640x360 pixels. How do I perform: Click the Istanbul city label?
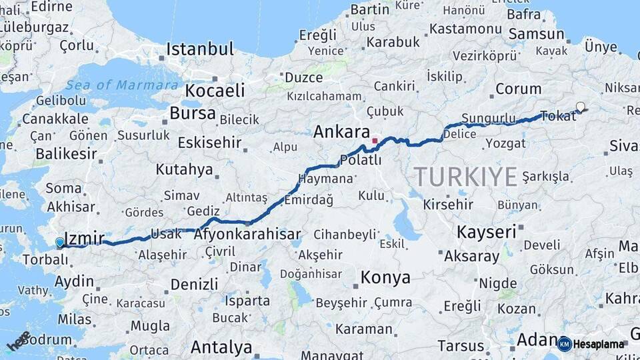pos(200,49)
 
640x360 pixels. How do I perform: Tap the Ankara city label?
pos(341,131)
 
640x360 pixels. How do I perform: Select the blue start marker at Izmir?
pos(60,243)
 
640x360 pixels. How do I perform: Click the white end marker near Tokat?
pos(580,107)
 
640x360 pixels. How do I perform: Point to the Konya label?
pos(385,277)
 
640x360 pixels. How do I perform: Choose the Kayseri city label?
pos(487,231)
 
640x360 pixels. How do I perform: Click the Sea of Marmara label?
pos(122,85)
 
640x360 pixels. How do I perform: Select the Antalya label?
pos(221,347)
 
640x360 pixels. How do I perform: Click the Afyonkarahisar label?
pos(247,235)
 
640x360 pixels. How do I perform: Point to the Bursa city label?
pos(193,113)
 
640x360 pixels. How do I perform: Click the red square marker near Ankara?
pos(375,141)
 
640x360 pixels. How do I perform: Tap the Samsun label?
pos(536,33)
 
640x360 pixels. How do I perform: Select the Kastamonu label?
pos(465,29)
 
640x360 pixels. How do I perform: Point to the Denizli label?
pos(194,284)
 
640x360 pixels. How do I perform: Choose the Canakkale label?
pos(55,119)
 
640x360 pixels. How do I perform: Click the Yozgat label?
pos(506,143)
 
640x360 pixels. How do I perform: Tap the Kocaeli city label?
pos(215,91)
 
